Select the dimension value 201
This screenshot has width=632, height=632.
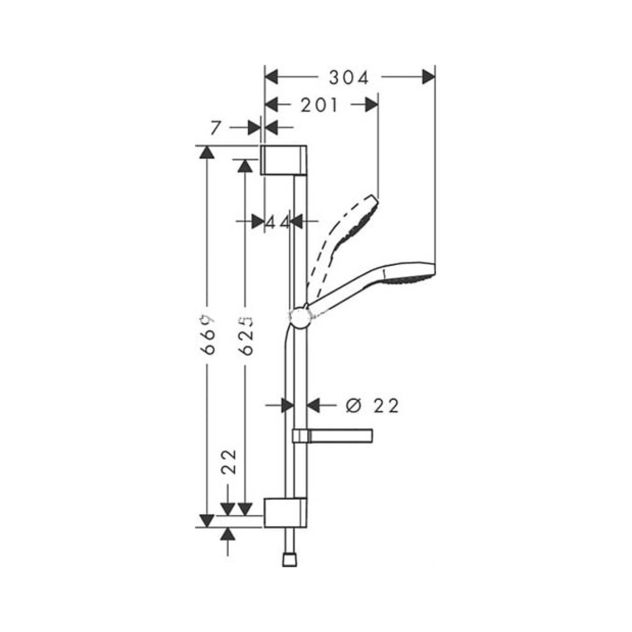pos(319,105)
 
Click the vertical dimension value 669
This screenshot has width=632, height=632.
pos(208,335)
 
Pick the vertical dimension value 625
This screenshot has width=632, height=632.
pos(246,335)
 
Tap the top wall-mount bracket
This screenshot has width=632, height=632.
pos(284,160)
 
